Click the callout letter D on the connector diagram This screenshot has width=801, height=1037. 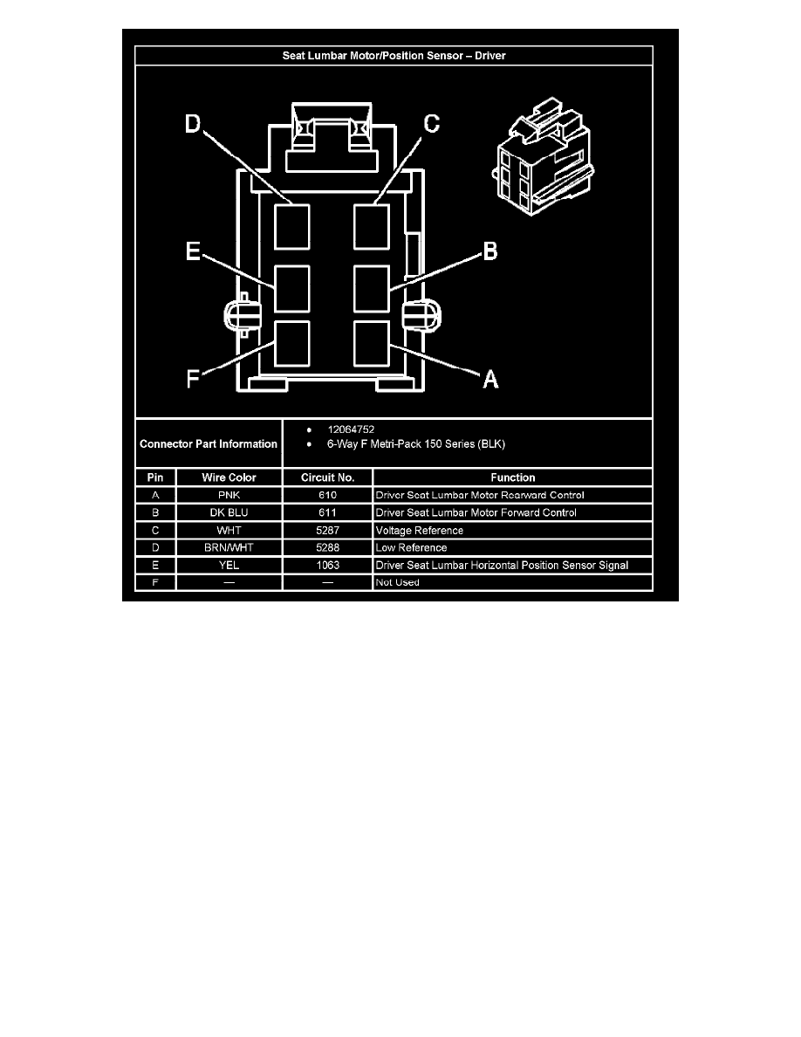click(192, 124)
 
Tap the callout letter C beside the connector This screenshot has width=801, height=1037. click(432, 124)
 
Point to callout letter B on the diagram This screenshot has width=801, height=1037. click(489, 251)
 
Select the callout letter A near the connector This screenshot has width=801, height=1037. click(490, 379)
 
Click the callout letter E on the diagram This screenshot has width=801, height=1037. click(193, 251)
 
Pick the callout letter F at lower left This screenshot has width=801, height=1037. click(193, 379)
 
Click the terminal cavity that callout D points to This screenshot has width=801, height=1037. click(292, 227)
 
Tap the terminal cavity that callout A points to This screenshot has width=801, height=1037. click(372, 343)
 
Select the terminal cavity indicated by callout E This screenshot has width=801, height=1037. click(292, 289)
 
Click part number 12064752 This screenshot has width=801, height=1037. click(351, 429)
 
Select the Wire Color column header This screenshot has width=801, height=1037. click(229, 477)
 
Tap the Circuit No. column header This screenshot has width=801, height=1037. click(328, 477)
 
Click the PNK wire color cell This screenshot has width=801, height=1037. click(229, 495)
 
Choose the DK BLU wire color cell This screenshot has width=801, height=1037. click(229, 512)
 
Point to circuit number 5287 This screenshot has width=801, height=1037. click(328, 531)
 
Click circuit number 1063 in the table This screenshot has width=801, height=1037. click(328, 566)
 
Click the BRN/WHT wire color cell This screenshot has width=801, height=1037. click(229, 547)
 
